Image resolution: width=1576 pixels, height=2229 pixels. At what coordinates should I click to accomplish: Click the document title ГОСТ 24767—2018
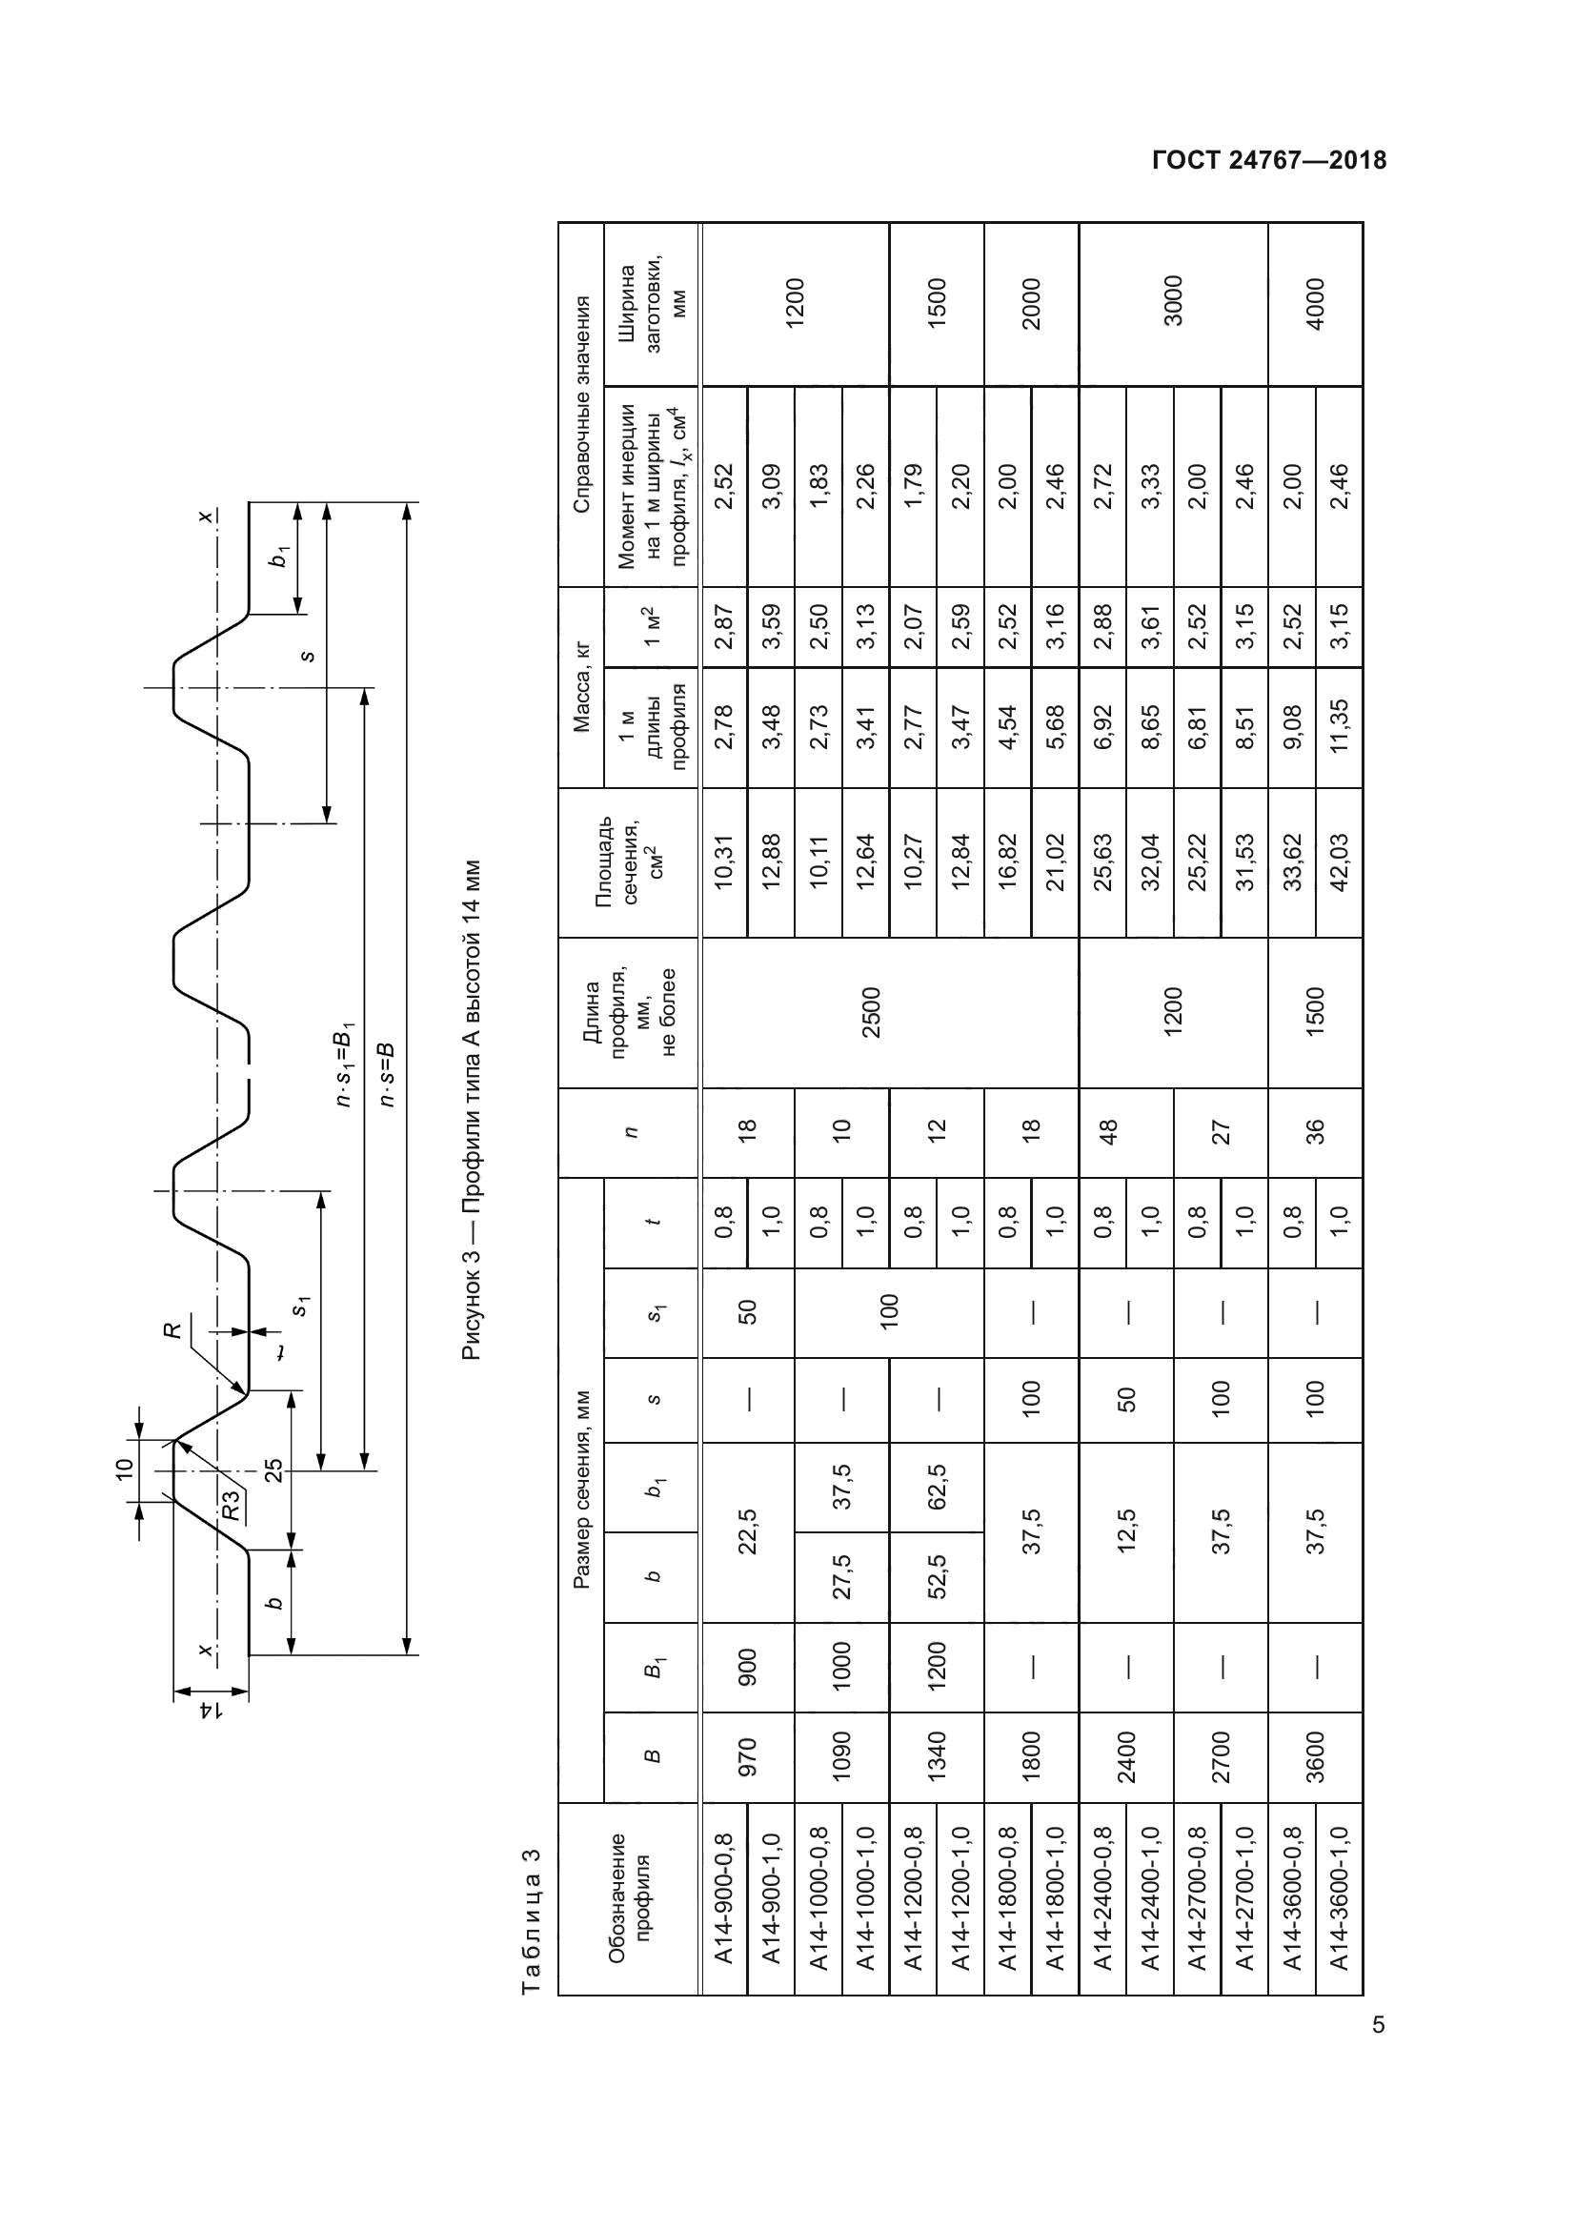(x=1268, y=161)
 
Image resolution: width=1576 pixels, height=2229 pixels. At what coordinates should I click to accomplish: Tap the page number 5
(x=1378, y=2025)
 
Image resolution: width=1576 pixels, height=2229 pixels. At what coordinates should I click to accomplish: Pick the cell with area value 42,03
(x=1339, y=862)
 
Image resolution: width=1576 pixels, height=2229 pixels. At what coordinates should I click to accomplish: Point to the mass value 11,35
(x=1339, y=727)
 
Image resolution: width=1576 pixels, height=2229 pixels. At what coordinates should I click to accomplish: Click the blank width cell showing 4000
(x=1316, y=305)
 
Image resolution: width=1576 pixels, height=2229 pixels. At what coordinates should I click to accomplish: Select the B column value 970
(x=747, y=1757)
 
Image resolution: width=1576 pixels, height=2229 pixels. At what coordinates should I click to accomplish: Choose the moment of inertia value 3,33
(x=1150, y=485)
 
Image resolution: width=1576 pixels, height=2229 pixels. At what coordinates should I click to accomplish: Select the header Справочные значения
(x=581, y=404)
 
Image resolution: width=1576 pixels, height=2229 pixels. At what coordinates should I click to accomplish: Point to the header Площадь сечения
(x=629, y=862)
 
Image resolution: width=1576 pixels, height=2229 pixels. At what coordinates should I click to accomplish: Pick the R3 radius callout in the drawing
(x=230, y=1509)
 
